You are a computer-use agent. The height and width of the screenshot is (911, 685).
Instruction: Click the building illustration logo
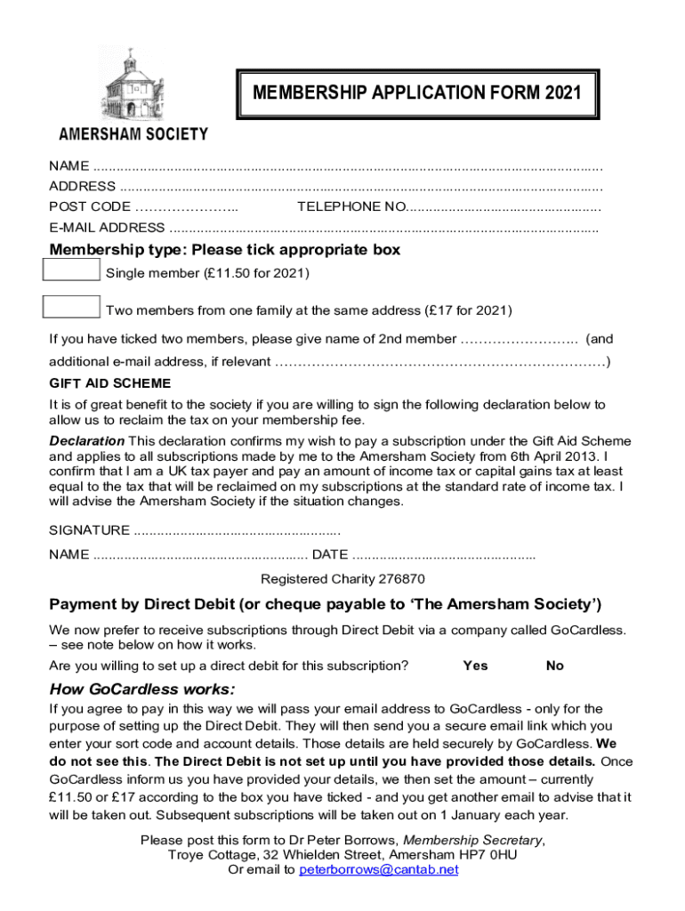[133, 84]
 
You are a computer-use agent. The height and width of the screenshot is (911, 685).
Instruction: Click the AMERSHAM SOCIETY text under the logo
[133, 134]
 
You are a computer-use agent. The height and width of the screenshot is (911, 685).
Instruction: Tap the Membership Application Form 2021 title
[416, 93]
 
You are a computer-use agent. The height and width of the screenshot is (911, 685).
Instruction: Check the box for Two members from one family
[72, 308]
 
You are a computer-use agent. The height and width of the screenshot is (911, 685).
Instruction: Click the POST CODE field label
[89, 206]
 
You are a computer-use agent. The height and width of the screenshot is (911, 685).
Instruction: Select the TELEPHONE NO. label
[351, 206]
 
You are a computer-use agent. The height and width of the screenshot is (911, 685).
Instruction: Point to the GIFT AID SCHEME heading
[109, 383]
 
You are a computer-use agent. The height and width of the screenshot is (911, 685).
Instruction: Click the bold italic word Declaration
[87, 441]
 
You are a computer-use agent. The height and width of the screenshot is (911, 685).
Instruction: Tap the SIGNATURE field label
[89, 531]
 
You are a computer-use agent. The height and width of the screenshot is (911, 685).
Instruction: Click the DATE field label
[330, 555]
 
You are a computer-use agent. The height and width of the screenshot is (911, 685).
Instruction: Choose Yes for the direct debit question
[475, 665]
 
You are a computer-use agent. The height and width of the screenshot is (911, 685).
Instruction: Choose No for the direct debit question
[554, 665]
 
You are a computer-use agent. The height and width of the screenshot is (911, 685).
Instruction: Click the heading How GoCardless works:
[142, 689]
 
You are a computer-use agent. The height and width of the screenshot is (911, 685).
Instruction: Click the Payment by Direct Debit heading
[325, 605]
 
